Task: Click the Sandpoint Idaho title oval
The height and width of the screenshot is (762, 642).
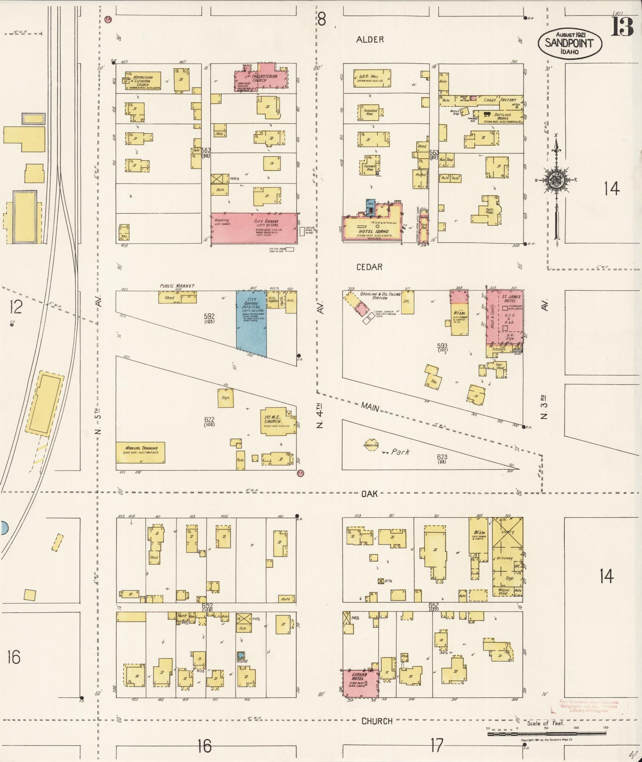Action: [570, 44]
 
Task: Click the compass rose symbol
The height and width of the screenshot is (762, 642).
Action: [555, 180]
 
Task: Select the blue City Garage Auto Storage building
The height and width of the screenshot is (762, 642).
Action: [251, 323]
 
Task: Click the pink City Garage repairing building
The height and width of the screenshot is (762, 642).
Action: [254, 227]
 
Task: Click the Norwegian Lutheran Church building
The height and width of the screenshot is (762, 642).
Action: [143, 81]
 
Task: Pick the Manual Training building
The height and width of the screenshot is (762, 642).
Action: [140, 452]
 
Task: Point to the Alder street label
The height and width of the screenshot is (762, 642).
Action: [370, 40]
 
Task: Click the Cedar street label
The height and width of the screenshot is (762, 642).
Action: [370, 267]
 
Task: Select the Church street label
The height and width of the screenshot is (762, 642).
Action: [376, 722]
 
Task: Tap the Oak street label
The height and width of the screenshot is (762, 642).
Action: [369, 493]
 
